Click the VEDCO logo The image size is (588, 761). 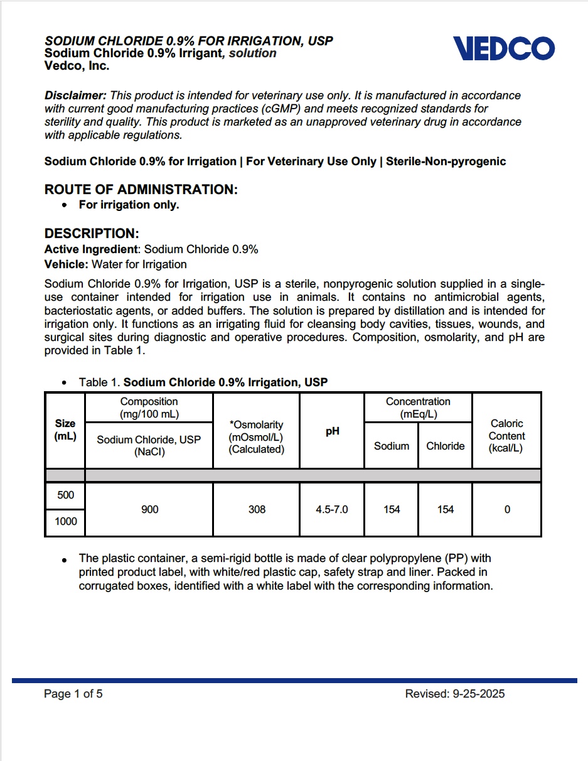tap(503, 48)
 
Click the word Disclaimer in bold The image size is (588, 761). tap(75, 95)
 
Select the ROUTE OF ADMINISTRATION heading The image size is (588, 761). tap(141, 190)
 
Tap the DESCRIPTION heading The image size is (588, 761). tap(92, 234)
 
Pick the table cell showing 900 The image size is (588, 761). tap(149, 509)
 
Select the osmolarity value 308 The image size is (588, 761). tap(257, 509)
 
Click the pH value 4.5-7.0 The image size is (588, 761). tap(332, 509)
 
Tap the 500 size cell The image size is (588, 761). tap(65, 495)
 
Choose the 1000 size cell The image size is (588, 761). tap(65, 522)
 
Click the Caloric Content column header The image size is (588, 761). tap(506, 436)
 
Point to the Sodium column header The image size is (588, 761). tap(392, 446)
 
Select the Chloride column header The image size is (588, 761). tap(445, 446)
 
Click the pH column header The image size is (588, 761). tap(332, 431)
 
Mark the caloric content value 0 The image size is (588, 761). tap(507, 509)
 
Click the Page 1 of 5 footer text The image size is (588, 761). tap(73, 694)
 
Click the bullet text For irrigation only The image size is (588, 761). tap(129, 205)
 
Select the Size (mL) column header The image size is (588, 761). tap(65, 430)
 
